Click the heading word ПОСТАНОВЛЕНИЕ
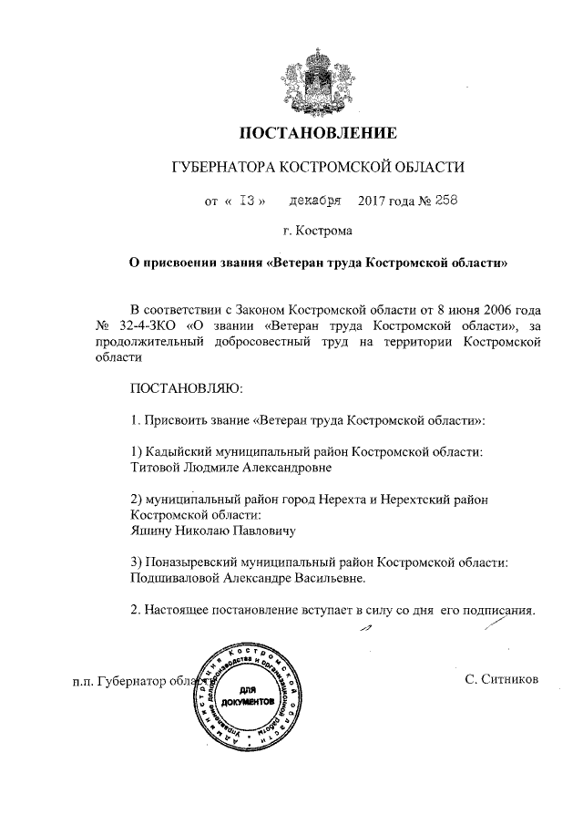tap(318, 134)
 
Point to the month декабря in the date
tap(314, 200)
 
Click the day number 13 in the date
tap(246, 200)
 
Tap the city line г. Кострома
tap(317, 232)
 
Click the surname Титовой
tap(159, 468)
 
